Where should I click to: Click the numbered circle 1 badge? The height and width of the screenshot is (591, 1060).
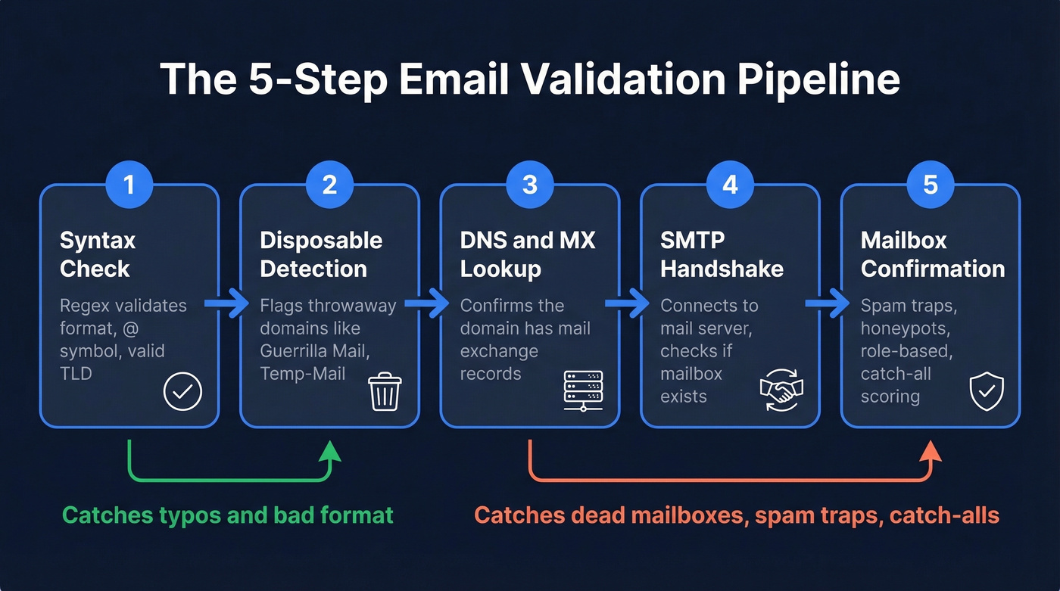pyautogui.click(x=129, y=184)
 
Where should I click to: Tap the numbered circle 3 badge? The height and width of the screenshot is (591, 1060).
pyautogui.click(x=530, y=184)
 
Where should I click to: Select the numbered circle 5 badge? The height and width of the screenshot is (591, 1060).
pyautogui.click(x=931, y=184)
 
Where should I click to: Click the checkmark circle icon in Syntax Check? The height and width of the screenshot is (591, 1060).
pyautogui.click(x=183, y=392)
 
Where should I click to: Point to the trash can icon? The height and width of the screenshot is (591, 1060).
pyautogui.click(x=384, y=392)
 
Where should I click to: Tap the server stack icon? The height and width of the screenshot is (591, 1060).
pyautogui.click(x=584, y=390)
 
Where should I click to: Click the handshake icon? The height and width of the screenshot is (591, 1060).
pyautogui.click(x=781, y=391)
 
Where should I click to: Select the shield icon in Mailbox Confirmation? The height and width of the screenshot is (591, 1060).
pyautogui.click(x=987, y=392)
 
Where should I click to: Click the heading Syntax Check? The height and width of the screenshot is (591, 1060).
pyautogui.click(x=97, y=255)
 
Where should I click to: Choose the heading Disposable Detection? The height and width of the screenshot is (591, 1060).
pyautogui.click(x=321, y=255)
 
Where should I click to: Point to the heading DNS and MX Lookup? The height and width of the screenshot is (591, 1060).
pyautogui.click(x=528, y=255)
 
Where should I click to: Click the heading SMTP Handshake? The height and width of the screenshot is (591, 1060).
pyautogui.click(x=722, y=255)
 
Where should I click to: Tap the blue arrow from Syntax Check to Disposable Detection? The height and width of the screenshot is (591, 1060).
pyautogui.click(x=229, y=304)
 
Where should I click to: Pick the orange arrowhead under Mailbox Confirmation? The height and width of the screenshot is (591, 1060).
pyautogui.click(x=931, y=451)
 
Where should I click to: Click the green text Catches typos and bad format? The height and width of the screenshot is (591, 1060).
pyautogui.click(x=228, y=516)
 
